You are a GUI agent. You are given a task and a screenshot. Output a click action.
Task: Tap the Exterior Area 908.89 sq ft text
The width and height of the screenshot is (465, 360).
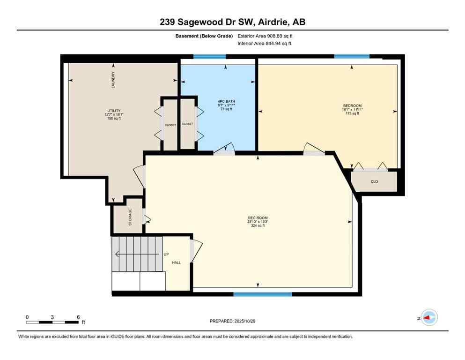pyautogui.click(x=265, y=36)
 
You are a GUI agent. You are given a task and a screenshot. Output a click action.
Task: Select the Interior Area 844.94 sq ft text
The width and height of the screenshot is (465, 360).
pyautogui.click(x=264, y=44)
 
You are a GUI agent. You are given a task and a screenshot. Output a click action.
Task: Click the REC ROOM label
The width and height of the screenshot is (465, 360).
pyautogui.click(x=258, y=217)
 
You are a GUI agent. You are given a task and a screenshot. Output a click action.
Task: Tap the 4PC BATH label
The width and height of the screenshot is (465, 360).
pyautogui.click(x=226, y=101)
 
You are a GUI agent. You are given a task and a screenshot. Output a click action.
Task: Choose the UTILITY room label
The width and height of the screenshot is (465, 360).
pyautogui.click(x=114, y=111)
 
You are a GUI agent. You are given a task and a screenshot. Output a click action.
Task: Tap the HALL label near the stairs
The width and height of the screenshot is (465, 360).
pyautogui.click(x=176, y=262)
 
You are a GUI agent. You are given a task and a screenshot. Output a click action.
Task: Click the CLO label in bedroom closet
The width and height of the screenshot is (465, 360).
pyautogui.click(x=374, y=181)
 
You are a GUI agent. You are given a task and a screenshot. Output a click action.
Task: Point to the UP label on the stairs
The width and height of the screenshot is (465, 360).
pyautogui.click(x=166, y=255)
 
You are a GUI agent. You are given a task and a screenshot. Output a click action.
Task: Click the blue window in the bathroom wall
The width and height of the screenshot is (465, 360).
pyautogui.click(x=209, y=57)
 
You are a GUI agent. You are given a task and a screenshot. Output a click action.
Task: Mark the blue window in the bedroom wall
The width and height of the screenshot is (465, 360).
pyautogui.click(x=351, y=57)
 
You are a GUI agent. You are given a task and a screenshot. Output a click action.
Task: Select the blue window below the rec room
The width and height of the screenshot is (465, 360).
pyautogui.click(x=262, y=294)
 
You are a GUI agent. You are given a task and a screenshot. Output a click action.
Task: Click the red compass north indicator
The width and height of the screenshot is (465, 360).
pyautogui.click(x=428, y=318)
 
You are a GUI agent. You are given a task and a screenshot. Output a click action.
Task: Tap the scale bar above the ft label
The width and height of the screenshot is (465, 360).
pyautogui.click(x=52, y=322)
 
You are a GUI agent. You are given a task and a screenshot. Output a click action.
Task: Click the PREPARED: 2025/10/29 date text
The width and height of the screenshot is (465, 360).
pyautogui.click(x=233, y=321)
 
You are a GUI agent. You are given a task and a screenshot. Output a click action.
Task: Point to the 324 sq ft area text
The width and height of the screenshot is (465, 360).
pyautogui.click(x=258, y=226)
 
